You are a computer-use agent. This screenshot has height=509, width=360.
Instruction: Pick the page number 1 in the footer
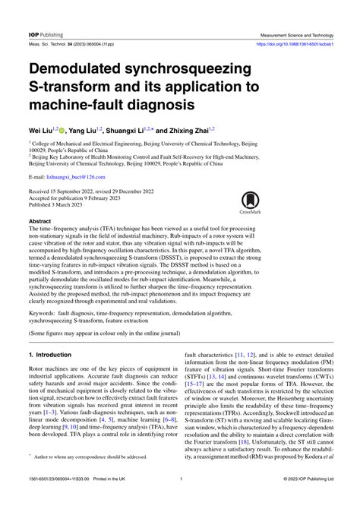click(x=180, y=500)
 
